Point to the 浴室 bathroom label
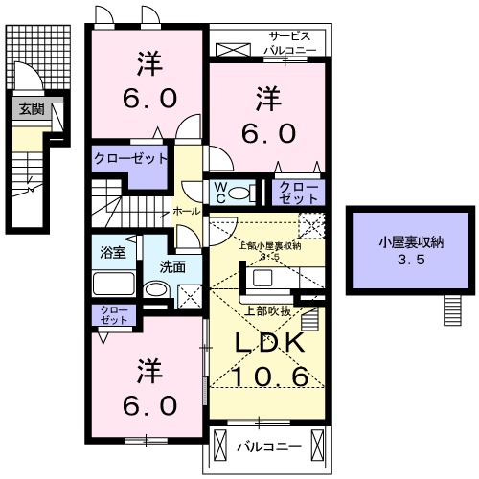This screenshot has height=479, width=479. click(x=114, y=253)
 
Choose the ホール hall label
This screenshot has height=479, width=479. click(x=187, y=210)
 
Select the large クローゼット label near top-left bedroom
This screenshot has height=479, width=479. click(x=132, y=158)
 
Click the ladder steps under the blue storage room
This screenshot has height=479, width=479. click(x=453, y=309)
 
